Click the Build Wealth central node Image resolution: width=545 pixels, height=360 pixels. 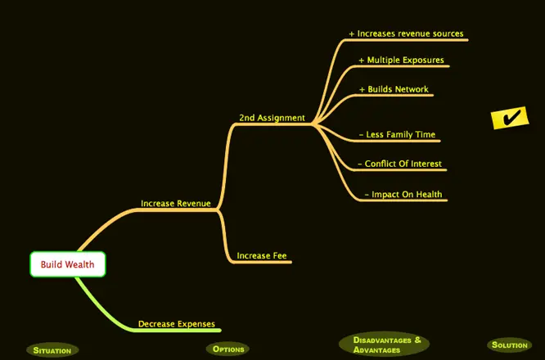click(x=68, y=264)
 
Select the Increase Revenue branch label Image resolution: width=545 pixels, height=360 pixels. click(x=175, y=203)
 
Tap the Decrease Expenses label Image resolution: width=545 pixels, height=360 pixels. click(x=176, y=323)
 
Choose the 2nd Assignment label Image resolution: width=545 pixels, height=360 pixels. click(x=272, y=118)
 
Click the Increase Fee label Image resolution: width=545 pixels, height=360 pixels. click(x=261, y=255)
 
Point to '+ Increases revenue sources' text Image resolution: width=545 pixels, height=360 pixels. click(x=406, y=34)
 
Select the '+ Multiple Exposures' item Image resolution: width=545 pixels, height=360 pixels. click(x=401, y=61)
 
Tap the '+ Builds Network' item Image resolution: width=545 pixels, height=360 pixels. click(x=394, y=89)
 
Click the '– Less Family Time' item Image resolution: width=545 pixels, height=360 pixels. click(x=397, y=135)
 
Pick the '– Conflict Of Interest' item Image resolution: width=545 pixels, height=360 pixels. click(x=399, y=164)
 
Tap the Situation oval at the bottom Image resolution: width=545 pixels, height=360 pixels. click(x=52, y=350)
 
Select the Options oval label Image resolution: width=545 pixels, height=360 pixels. click(x=228, y=349)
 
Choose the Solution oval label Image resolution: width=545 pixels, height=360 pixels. click(x=509, y=345)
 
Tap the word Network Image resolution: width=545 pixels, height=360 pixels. click(x=411, y=89)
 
